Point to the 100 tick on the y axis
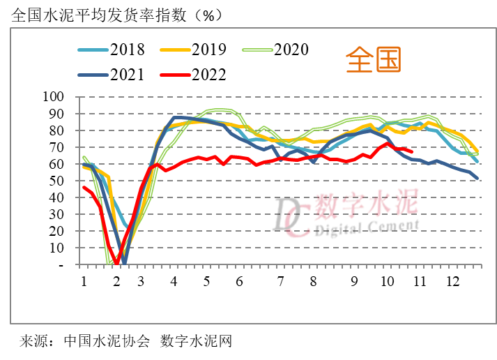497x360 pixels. (54, 96)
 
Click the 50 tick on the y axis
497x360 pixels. (57, 181)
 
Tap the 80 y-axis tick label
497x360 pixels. (57, 130)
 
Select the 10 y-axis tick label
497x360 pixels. (57, 248)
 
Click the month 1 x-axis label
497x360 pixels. (84, 281)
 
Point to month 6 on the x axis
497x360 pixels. (239, 281)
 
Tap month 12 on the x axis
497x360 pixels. (453, 281)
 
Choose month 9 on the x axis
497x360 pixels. (354, 281)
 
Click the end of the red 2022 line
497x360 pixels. (412, 151)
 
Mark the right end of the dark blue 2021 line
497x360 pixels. (477, 179)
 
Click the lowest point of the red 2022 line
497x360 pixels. (117, 263)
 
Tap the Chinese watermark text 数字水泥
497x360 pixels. (366, 204)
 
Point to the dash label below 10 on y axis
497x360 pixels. (61, 265)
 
